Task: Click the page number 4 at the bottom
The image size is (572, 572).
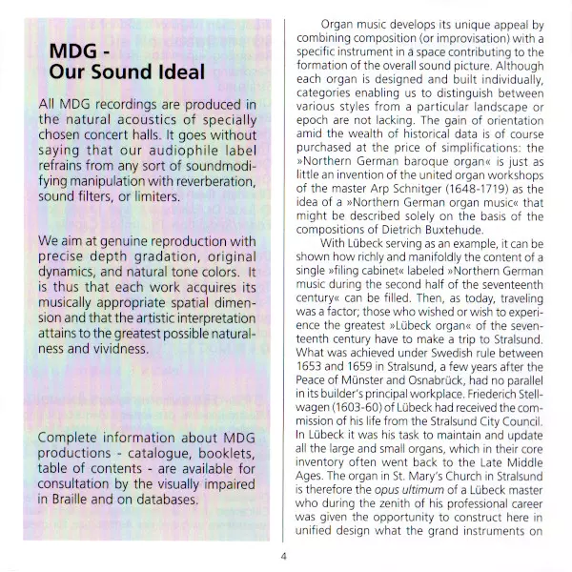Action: pyautogui.click(x=283, y=559)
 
